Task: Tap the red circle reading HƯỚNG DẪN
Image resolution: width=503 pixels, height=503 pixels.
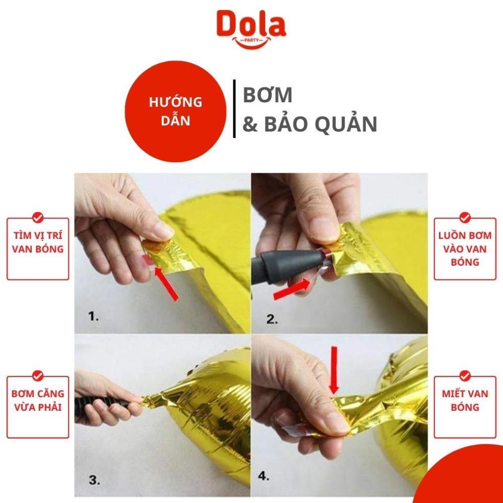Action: (175, 112)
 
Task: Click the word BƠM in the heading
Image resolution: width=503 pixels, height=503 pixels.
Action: (267, 95)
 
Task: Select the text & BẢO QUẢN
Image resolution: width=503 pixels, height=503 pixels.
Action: (309, 124)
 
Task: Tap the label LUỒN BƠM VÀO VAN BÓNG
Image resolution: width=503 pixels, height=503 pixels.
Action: (465, 249)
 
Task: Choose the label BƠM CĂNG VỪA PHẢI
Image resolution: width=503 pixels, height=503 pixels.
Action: (38, 401)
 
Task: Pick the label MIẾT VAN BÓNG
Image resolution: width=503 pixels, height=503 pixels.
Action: (465, 401)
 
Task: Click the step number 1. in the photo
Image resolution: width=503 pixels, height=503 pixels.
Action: (94, 317)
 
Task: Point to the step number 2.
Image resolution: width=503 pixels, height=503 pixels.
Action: (272, 320)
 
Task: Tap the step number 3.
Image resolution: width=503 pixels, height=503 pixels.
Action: (94, 480)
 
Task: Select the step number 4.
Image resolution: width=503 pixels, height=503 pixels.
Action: (264, 476)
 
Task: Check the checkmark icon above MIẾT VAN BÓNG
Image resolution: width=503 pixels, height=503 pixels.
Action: (465, 376)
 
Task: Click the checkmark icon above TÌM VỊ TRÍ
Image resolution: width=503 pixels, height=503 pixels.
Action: (38, 217)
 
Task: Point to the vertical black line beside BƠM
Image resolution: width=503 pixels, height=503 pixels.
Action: (234, 108)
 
